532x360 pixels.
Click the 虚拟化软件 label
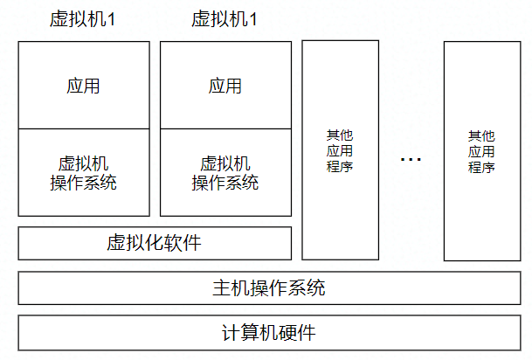tap(154, 242)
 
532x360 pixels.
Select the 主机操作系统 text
tap(269, 287)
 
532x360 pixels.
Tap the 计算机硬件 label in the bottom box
tap(269, 332)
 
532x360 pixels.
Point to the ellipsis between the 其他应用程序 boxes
tap(411, 159)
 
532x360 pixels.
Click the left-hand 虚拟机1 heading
tap(83, 19)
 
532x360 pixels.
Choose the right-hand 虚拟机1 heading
tap(225, 19)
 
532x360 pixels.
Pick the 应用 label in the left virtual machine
tap(83, 86)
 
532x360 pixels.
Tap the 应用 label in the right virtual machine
tap(225, 86)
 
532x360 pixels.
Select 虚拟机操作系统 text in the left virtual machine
tap(83, 173)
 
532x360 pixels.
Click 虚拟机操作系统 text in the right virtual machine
tap(225, 173)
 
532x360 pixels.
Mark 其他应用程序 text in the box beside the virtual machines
tap(340, 150)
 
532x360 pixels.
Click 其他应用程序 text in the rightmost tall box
tap(481, 151)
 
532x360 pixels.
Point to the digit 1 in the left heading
tap(112, 19)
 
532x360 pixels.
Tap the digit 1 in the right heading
tap(254, 19)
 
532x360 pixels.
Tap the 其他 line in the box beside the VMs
tap(340, 135)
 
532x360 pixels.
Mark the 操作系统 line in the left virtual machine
tap(83, 183)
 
